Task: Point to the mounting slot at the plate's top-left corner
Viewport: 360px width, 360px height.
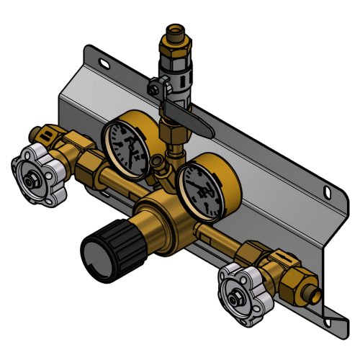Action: (105, 64)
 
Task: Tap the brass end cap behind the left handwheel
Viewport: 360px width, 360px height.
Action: (45, 133)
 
